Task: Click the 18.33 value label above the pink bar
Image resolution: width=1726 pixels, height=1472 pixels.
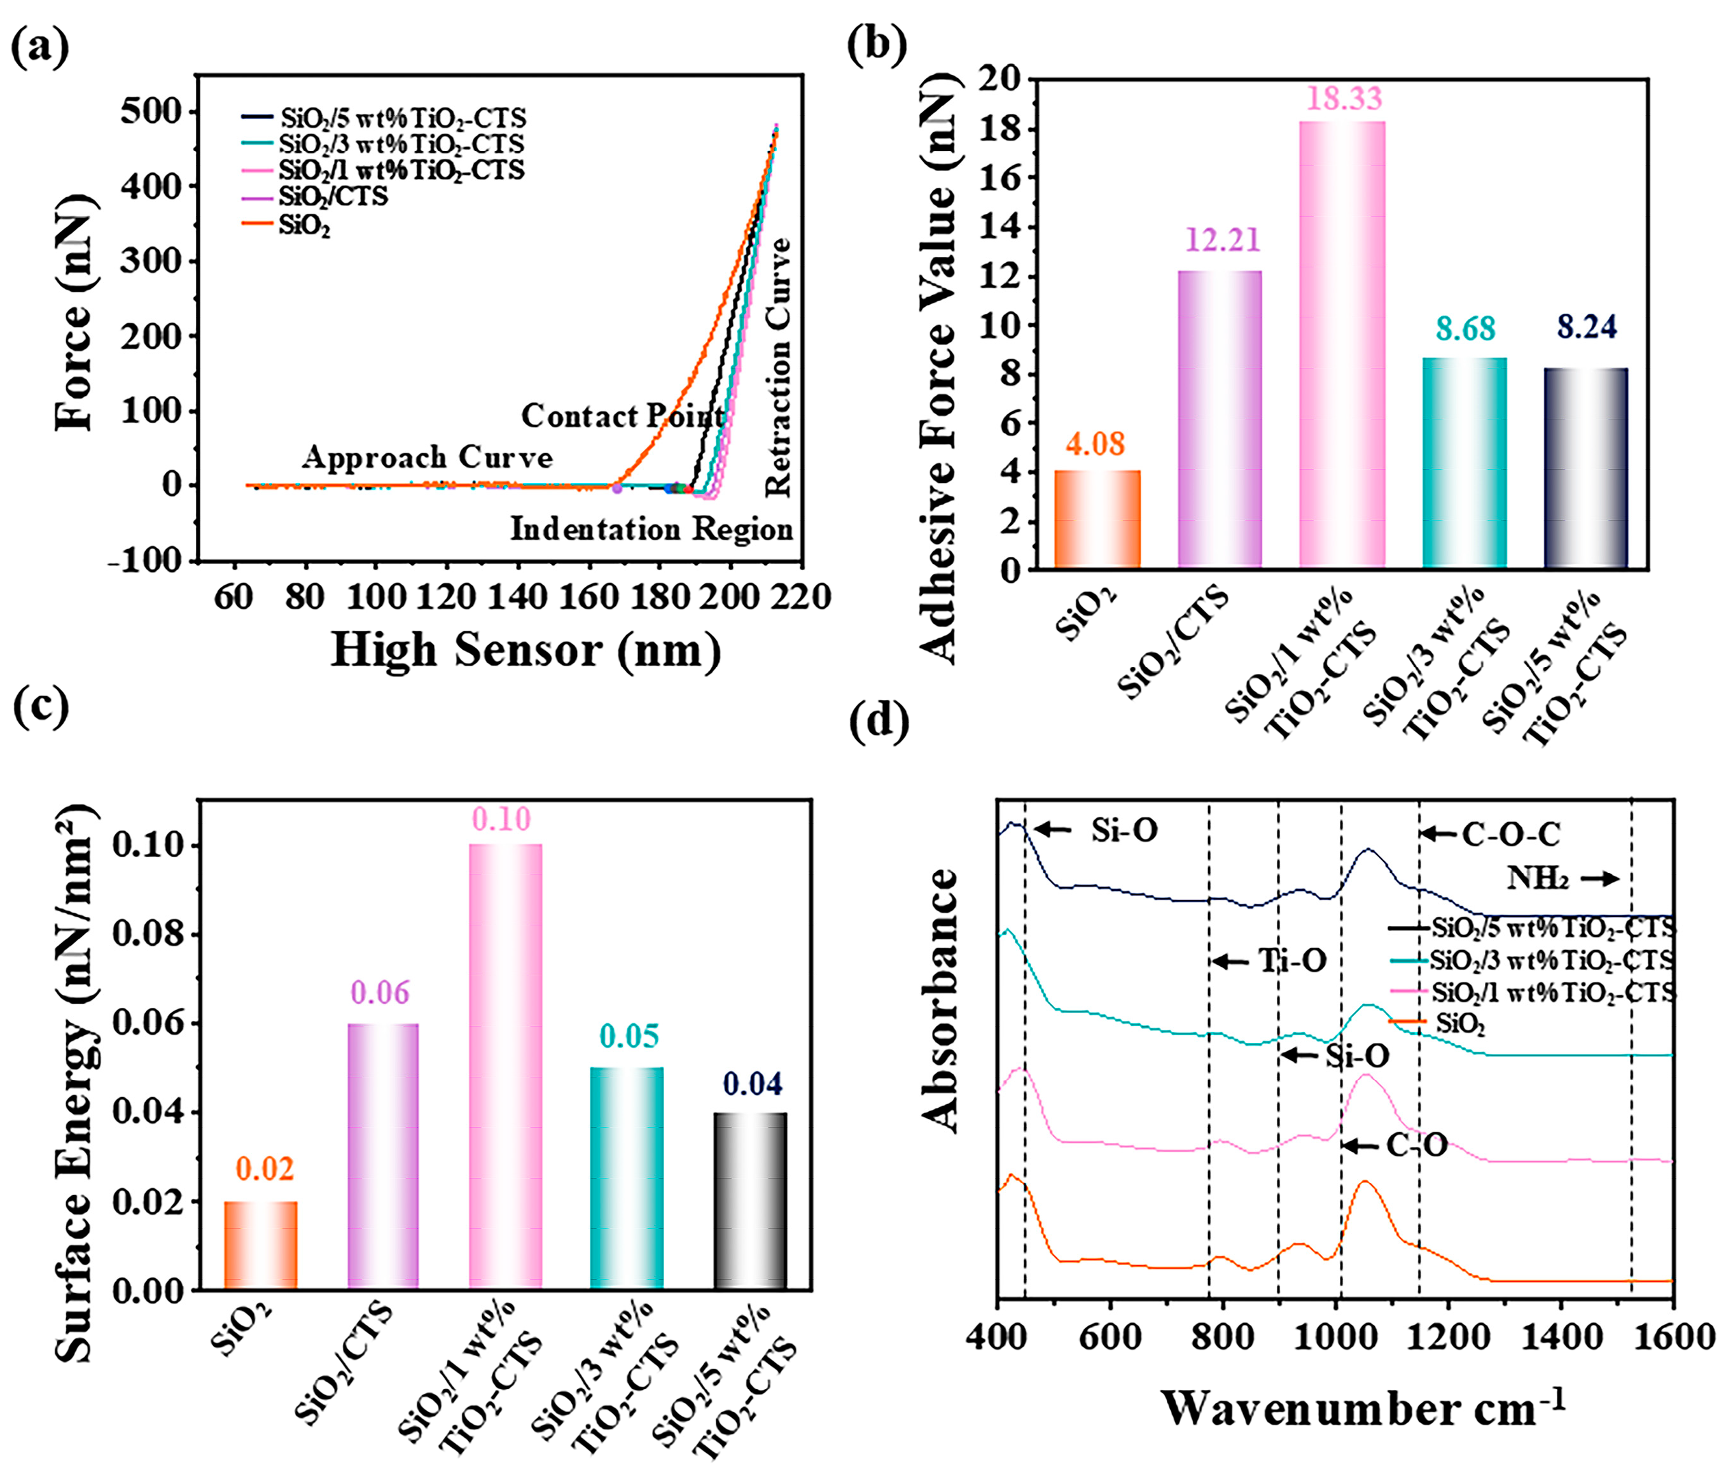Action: click(1343, 98)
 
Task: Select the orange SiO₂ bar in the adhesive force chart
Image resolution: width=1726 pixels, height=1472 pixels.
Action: click(1097, 520)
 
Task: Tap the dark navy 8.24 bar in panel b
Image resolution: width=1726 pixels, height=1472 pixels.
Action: click(1586, 468)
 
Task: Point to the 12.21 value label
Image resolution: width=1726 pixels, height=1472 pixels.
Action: click(1222, 240)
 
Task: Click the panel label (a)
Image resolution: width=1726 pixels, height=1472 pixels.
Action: click(39, 48)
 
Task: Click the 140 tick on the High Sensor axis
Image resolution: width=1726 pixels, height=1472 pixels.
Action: click(517, 598)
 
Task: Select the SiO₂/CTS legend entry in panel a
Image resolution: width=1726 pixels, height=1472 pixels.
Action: click(333, 197)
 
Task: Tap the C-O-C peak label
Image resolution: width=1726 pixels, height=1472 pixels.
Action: click(1511, 834)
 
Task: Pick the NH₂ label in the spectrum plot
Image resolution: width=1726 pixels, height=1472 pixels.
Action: click(1538, 878)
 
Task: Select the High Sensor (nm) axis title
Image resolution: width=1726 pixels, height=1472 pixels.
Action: click(525, 650)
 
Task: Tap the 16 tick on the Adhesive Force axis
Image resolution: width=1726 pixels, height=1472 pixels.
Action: click(1005, 178)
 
